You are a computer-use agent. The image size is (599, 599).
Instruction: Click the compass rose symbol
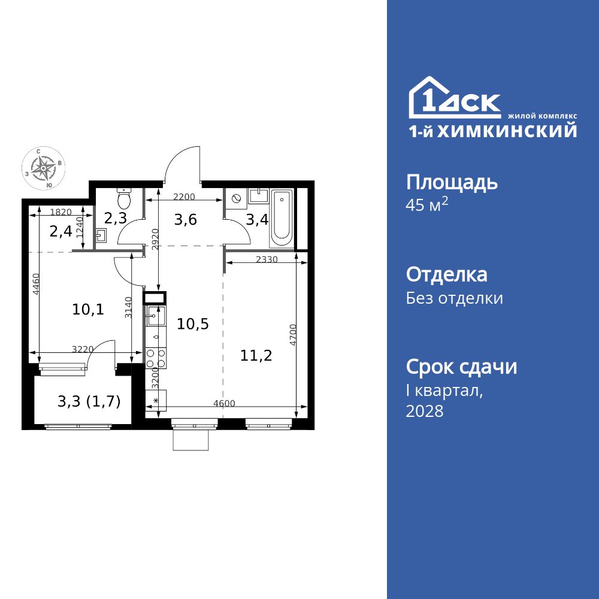tap(44, 168)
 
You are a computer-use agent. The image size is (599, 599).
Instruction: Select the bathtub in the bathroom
tap(282, 219)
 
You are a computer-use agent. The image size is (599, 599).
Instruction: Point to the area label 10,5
tap(192, 324)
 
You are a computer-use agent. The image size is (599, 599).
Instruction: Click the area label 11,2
tap(256, 356)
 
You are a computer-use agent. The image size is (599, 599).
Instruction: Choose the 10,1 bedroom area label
tap(88, 309)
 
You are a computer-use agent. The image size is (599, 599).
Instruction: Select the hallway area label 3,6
tap(185, 220)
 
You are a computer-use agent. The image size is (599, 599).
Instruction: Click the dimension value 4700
tap(293, 335)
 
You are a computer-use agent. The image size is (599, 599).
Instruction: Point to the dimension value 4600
tap(224, 403)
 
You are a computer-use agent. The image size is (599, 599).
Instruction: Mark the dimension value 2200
tap(184, 197)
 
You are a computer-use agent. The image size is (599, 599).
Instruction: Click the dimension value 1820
tap(61, 211)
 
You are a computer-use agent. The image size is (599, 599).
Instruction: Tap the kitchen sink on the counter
tap(156, 316)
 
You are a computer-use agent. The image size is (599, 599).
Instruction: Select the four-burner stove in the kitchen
tap(156, 358)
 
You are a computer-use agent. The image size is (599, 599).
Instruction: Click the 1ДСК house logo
tap(455, 98)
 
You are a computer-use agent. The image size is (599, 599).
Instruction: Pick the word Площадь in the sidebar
tap(452, 182)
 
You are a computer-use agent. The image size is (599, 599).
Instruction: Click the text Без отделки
tap(454, 298)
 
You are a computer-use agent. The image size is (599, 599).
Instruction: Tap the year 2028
tap(425, 411)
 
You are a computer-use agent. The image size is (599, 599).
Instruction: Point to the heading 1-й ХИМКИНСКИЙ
tap(493, 131)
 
